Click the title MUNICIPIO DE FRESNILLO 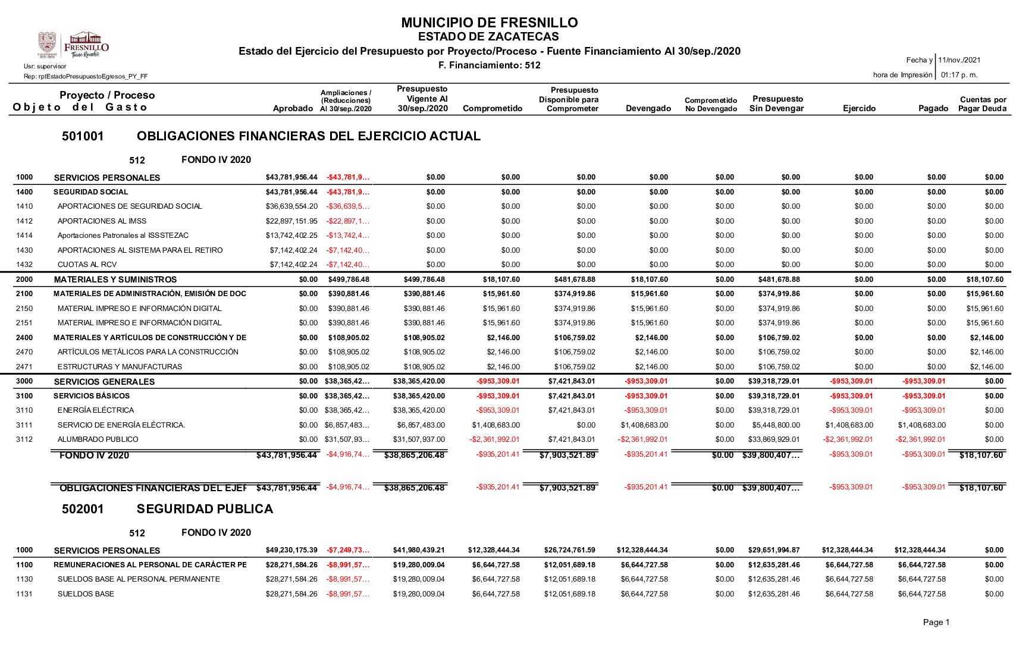[x=489, y=23]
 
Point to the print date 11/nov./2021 [x=959, y=60]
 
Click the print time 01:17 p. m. [x=959, y=75]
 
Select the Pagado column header [x=933, y=108]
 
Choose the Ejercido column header [x=859, y=108]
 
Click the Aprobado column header [x=293, y=108]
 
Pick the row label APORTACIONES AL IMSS [x=102, y=221]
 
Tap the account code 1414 [x=24, y=235]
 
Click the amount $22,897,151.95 [x=291, y=221]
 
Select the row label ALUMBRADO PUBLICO [x=98, y=439]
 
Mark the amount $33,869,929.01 [x=774, y=439]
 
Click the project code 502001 [x=83, y=509]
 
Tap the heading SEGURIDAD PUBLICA [x=205, y=509]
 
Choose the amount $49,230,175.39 [x=291, y=550]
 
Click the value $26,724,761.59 [x=569, y=550]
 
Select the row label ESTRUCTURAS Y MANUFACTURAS [x=120, y=367]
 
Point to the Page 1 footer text [x=936, y=622]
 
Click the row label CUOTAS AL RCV [x=87, y=265]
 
